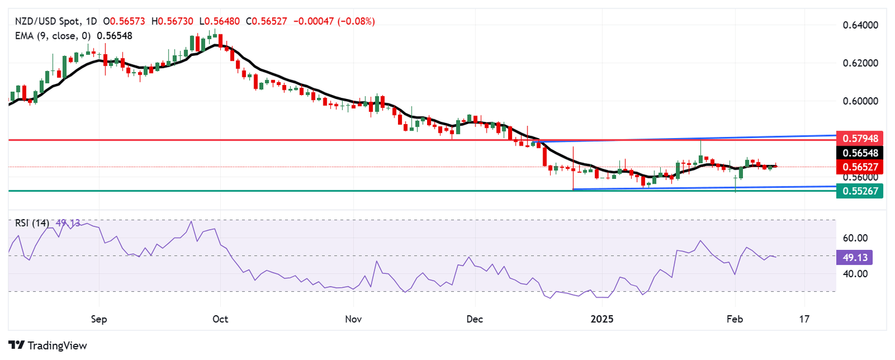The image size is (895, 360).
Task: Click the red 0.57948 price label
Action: coord(859,139)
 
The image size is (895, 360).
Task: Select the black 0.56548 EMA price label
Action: coord(859,153)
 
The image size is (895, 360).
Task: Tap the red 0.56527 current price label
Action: coord(859,167)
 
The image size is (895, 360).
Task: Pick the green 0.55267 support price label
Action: coord(859,190)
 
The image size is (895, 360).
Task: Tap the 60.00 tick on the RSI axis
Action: coord(856,238)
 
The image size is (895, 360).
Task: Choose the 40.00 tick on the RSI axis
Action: coord(856,273)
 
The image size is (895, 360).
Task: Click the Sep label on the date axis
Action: coord(99,319)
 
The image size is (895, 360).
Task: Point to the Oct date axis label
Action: coord(220,319)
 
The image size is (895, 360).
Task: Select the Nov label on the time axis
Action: coord(353,319)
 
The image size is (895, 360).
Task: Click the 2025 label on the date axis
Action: coord(601,319)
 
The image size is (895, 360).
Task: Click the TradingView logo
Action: coord(48,345)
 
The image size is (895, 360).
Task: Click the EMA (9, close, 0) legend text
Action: coord(52,36)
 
